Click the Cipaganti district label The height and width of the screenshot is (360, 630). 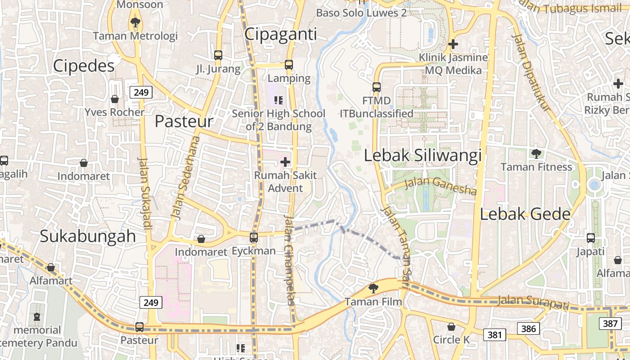(281, 34)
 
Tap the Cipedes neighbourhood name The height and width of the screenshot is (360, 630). (84, 66)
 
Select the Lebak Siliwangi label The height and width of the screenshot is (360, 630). (423, 155)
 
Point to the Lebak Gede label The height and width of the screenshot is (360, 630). (525, 214)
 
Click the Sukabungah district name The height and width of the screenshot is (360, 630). (88, 236)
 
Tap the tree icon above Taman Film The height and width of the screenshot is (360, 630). (373, 288)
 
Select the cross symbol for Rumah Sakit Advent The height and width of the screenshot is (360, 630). (285, 162)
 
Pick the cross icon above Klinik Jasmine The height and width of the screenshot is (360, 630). (453, 44)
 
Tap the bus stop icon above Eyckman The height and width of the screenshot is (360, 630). (254, 237)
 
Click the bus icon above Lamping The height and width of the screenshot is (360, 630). (289, 65)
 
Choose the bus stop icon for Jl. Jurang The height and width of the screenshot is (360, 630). (218, 55)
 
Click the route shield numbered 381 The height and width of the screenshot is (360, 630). (495, 335)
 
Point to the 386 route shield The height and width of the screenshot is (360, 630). (528, 328)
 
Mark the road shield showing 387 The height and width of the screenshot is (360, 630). (610, 323)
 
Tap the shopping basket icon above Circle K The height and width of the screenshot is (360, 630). (451, 326)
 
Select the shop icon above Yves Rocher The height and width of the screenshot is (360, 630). (115, 99)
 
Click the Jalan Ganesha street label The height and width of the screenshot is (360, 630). (440, 186)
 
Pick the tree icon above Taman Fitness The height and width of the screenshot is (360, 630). (536, 154)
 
